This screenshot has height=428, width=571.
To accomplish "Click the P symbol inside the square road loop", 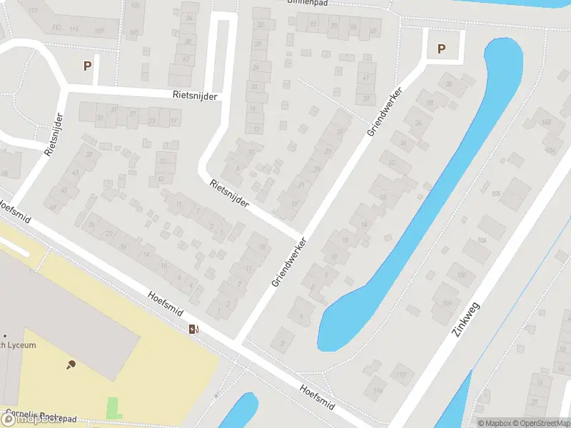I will (441, 49).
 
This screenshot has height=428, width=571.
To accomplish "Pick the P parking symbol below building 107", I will (88, 66).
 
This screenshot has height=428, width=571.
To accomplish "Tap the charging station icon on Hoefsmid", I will (193, 329).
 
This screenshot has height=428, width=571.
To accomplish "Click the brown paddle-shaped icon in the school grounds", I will (71, 365).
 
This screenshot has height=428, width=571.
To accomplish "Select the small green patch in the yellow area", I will (113, 408).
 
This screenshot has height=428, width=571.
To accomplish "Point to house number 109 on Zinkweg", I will (448, 304).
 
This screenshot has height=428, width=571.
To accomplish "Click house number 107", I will (98, 31).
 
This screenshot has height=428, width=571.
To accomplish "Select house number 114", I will (376, 391).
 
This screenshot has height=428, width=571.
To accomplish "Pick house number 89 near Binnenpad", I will (334, 26).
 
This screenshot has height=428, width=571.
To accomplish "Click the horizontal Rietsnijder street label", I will (194, 95).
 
